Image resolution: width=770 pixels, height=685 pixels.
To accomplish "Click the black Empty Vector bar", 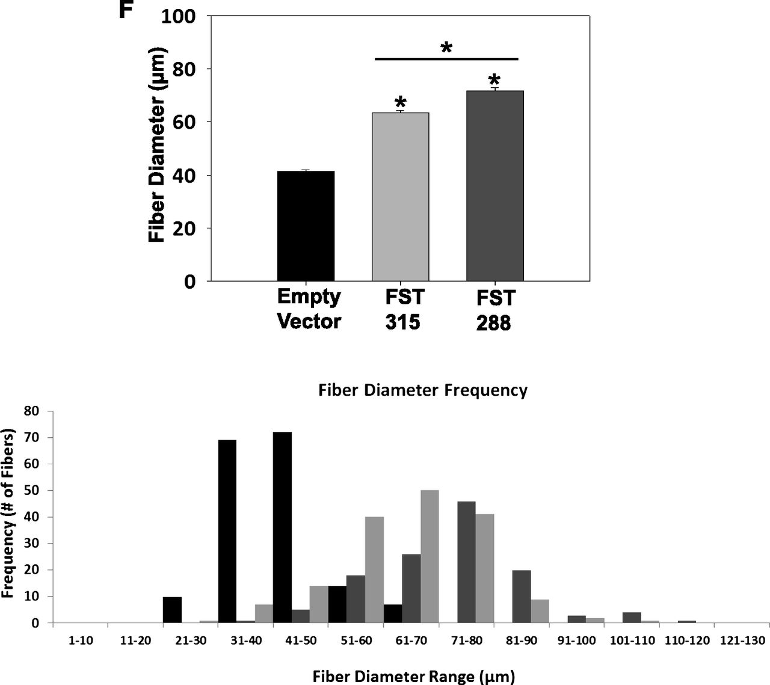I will (x=306, y=226).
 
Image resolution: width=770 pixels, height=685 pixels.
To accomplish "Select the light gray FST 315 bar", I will (x=401, y=197).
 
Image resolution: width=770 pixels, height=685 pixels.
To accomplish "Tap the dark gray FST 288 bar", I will (x=495, y=186).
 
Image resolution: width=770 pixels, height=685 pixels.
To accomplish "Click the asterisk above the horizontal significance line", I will (x=446, y=48).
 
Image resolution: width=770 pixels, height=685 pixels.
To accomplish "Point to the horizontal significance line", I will (x=446, y=59).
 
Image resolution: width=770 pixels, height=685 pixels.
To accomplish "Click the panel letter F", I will (x=125, y=10).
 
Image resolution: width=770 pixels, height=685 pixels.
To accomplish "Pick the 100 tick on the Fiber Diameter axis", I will (x=179, y=16).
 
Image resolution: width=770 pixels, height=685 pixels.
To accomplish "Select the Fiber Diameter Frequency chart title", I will (x=423, y=390).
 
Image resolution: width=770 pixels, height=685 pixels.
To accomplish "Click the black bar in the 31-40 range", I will (x=227, y=532).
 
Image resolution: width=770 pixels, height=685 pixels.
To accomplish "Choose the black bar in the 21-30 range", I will (x=172, y=610).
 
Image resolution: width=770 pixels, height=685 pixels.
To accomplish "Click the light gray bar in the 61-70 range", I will (x=430, y=557).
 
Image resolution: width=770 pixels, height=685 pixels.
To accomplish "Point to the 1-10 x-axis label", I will (x=81, y=641).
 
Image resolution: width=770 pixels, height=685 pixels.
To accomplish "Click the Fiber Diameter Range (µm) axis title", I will (x=414, y=677).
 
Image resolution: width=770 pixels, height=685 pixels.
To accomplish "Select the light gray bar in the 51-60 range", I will (x=374, y=570).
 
